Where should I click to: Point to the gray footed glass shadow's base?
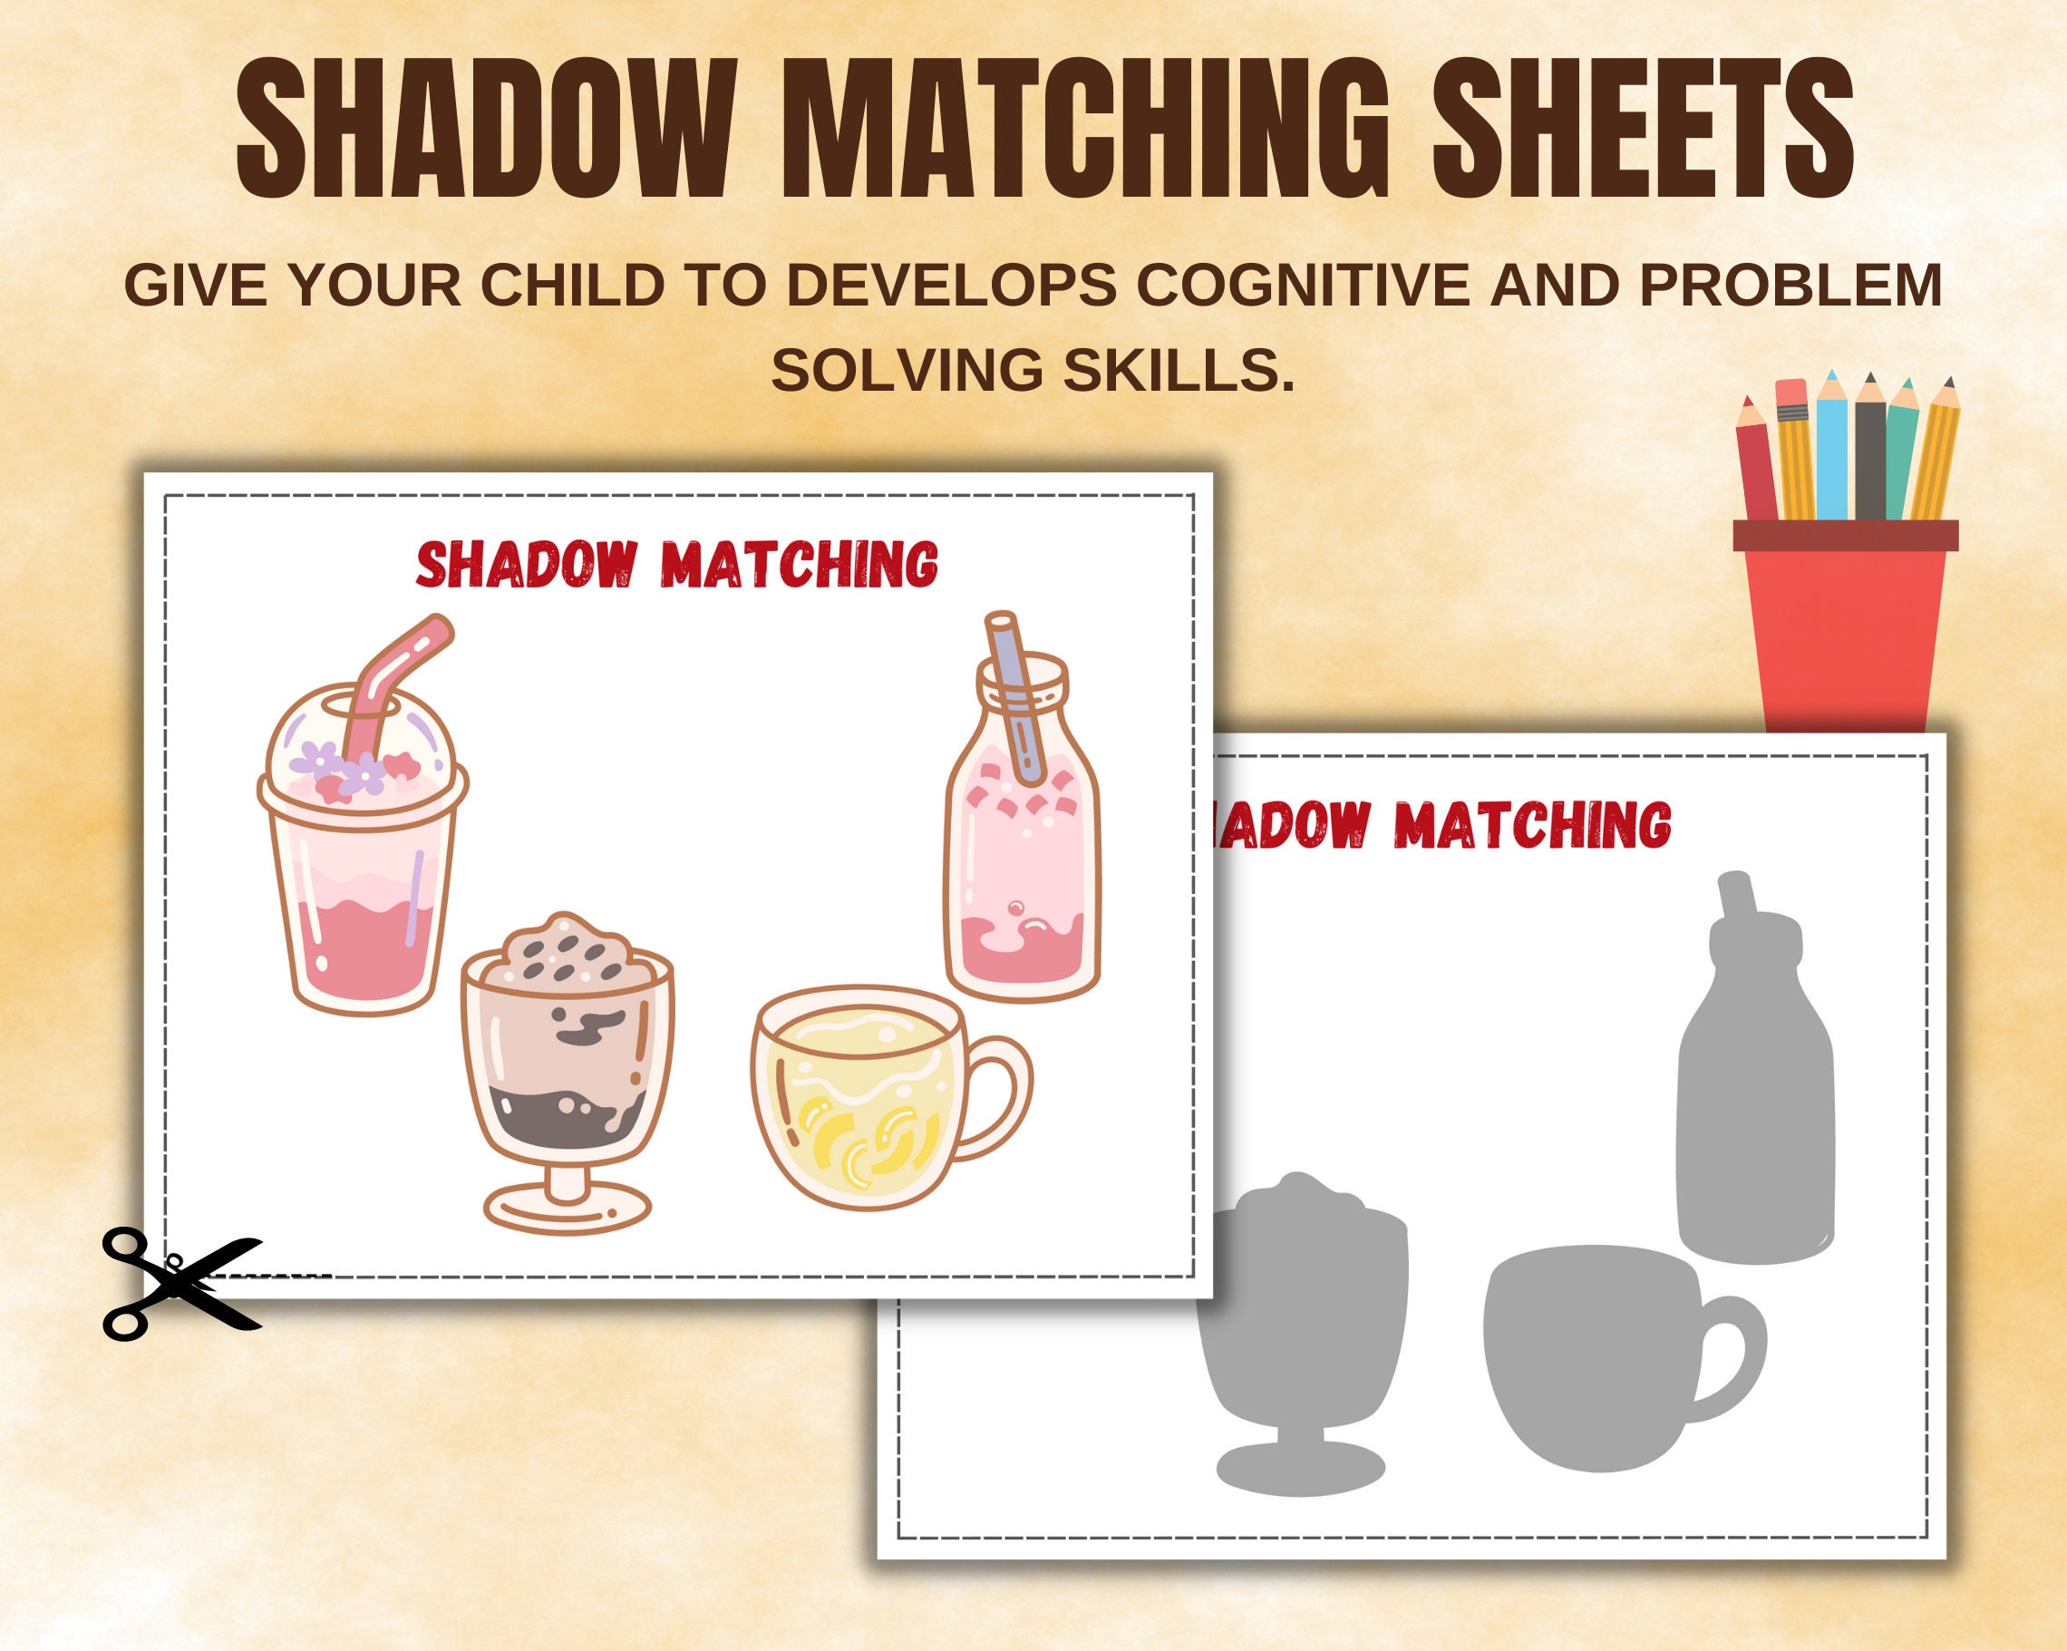1300,1466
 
